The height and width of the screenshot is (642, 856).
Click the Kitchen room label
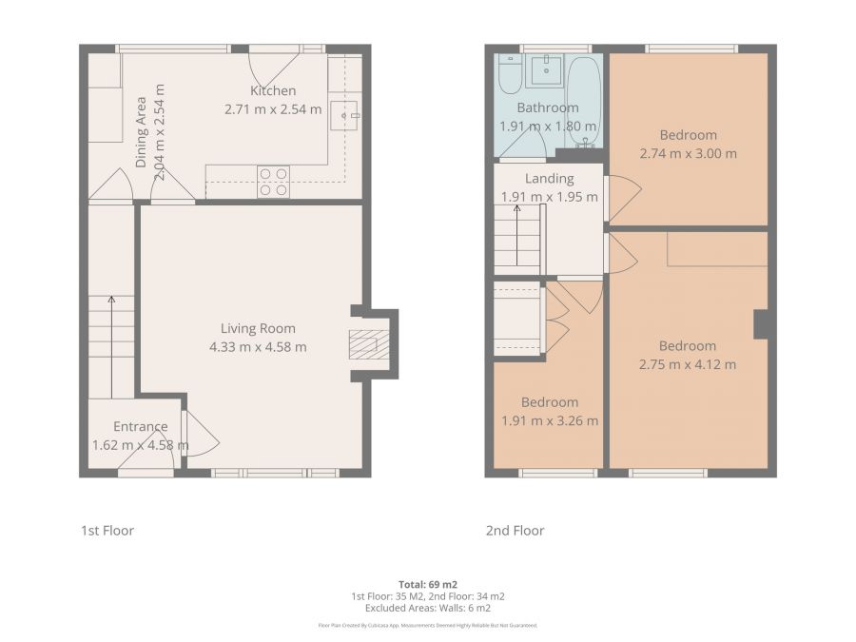[x=273, y=91]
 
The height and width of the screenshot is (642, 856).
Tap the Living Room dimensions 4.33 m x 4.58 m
[x=258, y=347]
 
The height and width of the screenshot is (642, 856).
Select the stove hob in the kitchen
[x=273, y=182]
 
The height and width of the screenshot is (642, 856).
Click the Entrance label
[x=141, y=427]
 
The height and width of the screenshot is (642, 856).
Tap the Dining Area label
[x=141, y=132]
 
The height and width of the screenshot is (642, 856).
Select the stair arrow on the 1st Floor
[x=111, y=347]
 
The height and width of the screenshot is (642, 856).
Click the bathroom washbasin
[x=546, y=69]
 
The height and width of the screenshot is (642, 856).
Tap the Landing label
[x=550, y=179]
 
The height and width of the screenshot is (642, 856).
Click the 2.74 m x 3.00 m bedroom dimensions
[x=688, y=153]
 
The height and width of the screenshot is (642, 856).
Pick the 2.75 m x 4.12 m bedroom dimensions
[x=688, y=364]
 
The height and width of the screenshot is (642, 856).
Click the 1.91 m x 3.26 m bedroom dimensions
[x=549, y=420]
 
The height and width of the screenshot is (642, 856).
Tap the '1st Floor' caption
[x=107, y=531]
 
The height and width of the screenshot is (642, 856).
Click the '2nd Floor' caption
[x=515, y=531]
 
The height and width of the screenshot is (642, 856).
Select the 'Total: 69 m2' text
[x=427, y=583]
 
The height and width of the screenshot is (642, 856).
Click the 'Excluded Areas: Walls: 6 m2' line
[x=427, y=607]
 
